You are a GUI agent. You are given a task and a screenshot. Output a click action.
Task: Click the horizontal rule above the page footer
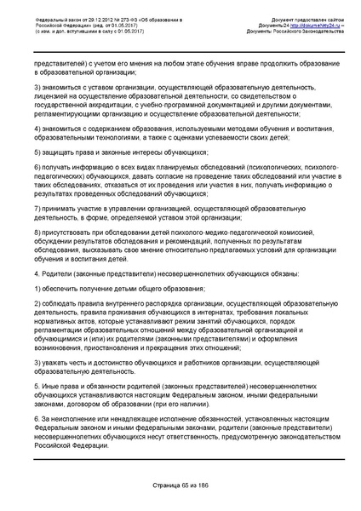180,486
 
